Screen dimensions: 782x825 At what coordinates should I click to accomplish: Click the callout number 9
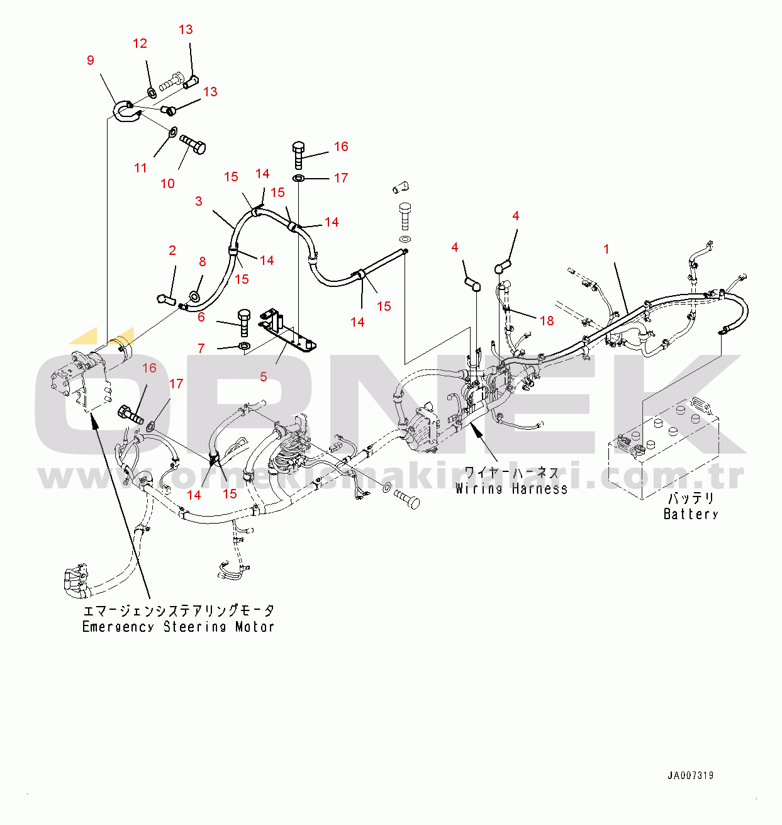point(91,60)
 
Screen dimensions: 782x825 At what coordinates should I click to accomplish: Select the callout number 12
point(140,43)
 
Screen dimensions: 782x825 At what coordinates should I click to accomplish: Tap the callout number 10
point(167,184)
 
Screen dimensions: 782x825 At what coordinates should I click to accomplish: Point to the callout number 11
point(140,168)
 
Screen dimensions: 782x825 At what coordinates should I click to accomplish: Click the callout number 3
point(199,201)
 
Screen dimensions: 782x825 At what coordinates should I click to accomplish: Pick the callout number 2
point(172,250)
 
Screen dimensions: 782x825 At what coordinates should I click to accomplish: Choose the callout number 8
point(202,262)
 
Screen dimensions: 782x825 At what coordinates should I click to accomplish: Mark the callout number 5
point(264,377)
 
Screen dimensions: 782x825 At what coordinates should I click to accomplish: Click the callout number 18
point(547,321)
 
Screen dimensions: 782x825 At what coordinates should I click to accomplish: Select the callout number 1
point(606,249)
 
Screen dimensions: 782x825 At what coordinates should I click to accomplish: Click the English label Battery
point(691,514)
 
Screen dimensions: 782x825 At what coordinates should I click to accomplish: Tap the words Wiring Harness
point(511,488)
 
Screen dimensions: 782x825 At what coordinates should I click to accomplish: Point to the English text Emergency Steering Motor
point(178,627)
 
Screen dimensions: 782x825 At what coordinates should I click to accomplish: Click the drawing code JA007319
point(691,776)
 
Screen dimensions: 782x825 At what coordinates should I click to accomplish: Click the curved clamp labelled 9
point(126,111)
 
